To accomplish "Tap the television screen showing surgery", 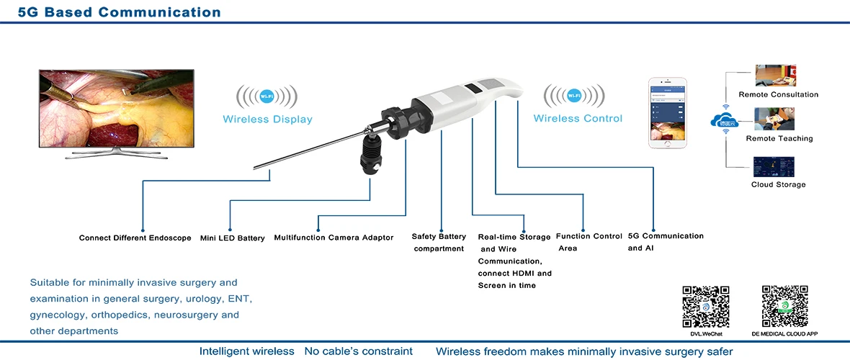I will (116, 108).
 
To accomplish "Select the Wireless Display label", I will (267, 119).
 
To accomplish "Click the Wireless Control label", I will (578, 118).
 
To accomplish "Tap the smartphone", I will (667, 113).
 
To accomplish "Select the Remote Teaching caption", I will (779, 138).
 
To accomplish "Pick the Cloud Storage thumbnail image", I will (774, 166).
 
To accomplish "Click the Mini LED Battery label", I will (232, 238).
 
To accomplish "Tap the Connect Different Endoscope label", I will (135, 238).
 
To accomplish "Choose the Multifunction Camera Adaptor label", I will (334, 238).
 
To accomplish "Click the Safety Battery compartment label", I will (439, 243).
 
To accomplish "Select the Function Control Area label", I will (589, 242).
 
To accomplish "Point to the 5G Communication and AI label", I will (666, 242).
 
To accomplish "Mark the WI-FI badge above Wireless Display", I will (267, 96).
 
